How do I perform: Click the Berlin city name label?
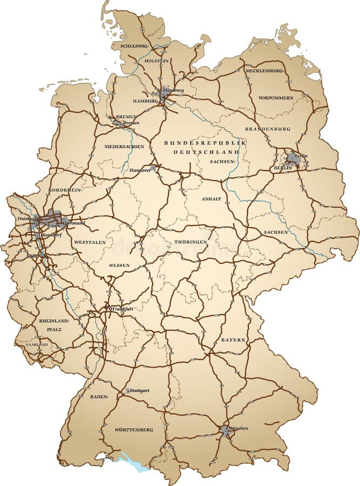click(x=301, y=156)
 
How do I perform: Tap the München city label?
click(x=238, y=428)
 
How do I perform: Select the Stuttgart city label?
click(x=140, y=390)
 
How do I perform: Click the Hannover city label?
click(x=140, y=170)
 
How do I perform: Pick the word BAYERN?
click(x=233, y=340)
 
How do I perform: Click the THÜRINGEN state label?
click(x=191, y=242)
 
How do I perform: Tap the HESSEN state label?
click(x=119, y=266)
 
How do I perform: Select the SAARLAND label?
click(x=37, y=344)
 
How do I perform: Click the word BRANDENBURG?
click(x=268, y=129)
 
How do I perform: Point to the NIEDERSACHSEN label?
click(x=124, y=146)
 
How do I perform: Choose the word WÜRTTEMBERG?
click(x=133, y=430)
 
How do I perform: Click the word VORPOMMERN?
click(x=276, y=98)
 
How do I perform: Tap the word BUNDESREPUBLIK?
click(x=205, y=143)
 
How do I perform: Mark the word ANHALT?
click(x=212, y=199)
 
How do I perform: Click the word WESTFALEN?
click(x=90, y=242)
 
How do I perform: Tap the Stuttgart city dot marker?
click(x=128, y=390)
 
